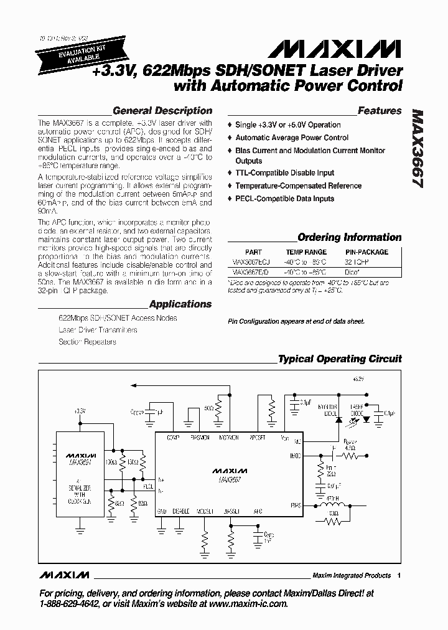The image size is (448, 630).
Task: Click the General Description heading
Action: pos(162,111)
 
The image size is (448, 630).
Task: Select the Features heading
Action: pos(380,111)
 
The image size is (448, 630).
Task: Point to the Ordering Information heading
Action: pos(349,237)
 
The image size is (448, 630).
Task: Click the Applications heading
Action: pos(180,304)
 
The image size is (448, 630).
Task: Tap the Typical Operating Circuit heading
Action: pos(339,359)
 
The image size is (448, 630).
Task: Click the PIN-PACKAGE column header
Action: pos(366,252)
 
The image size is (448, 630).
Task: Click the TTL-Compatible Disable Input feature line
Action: pos(284,173)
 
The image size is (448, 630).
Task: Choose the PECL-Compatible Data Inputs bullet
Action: pos(284,199)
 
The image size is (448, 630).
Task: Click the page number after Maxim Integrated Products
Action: pos(399,576)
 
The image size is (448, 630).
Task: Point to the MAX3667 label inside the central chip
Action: pos(229,480)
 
